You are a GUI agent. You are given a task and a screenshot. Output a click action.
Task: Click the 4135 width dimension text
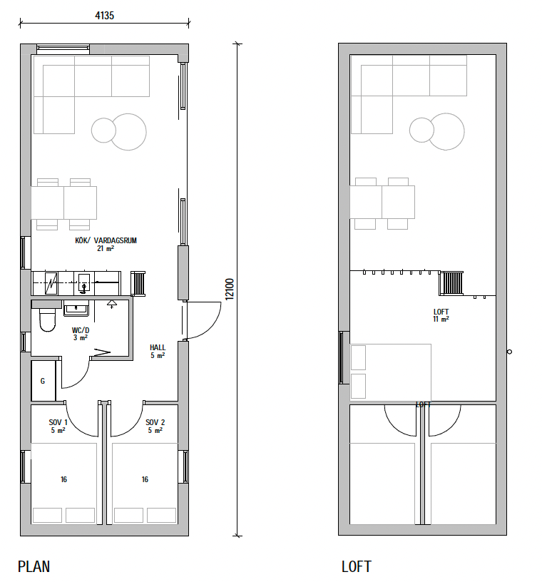pyautogui.click(x=104, y=16)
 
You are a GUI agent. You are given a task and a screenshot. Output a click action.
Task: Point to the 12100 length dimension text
pyautogui.click(x=230, y=289)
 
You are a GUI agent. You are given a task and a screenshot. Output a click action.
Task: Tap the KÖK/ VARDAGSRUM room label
pyautogui.click(x=106, y=240)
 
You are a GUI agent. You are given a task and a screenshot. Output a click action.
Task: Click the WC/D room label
pyautogui.click(x=81, y=330)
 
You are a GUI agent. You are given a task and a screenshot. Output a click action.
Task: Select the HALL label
pyautogui.click(x=158, y=347)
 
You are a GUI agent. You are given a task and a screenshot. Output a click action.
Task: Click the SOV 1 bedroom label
pyautogui.click(x=58, y=422)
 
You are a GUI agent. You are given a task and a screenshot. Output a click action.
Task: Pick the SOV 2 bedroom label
pyautogui.click(x=155, y=422)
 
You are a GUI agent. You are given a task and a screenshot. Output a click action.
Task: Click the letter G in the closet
pyautogui.click(x=43, y=381)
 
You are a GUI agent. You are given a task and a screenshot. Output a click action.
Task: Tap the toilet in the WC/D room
pyautogui.click(x=47, y=320)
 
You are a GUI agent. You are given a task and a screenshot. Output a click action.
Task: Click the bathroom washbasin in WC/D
pyautogui.click(x=76, y=308)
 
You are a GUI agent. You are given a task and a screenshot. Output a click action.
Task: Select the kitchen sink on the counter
pyautogui.click(x=84, y=283)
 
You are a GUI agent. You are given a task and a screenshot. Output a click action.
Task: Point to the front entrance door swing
pyautogui.click(x=203, y=320)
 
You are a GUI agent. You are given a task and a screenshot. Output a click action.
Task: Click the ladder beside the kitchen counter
pyautogui.click(x=138, y=284)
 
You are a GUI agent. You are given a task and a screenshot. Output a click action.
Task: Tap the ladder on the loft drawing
pyautogui.click(x=451, y=283)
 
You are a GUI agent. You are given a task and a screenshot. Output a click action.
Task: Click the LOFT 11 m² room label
pyautogui.click(x=441, y=315)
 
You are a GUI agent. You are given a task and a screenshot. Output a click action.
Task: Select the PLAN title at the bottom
pyautogui.click(x=34, y=567)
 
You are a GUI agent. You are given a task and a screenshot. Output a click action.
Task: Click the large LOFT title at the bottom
pyautogui.click(x=357, y=567)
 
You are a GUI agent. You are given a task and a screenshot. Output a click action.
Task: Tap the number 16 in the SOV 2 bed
pyautogui.click(x=145, y=479)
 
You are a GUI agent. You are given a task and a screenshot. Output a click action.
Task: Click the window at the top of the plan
pyautogui.click(x=63, y=47)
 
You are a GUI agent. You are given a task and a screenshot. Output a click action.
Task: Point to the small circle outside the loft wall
pyautogui.click(x=509, y=352)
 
